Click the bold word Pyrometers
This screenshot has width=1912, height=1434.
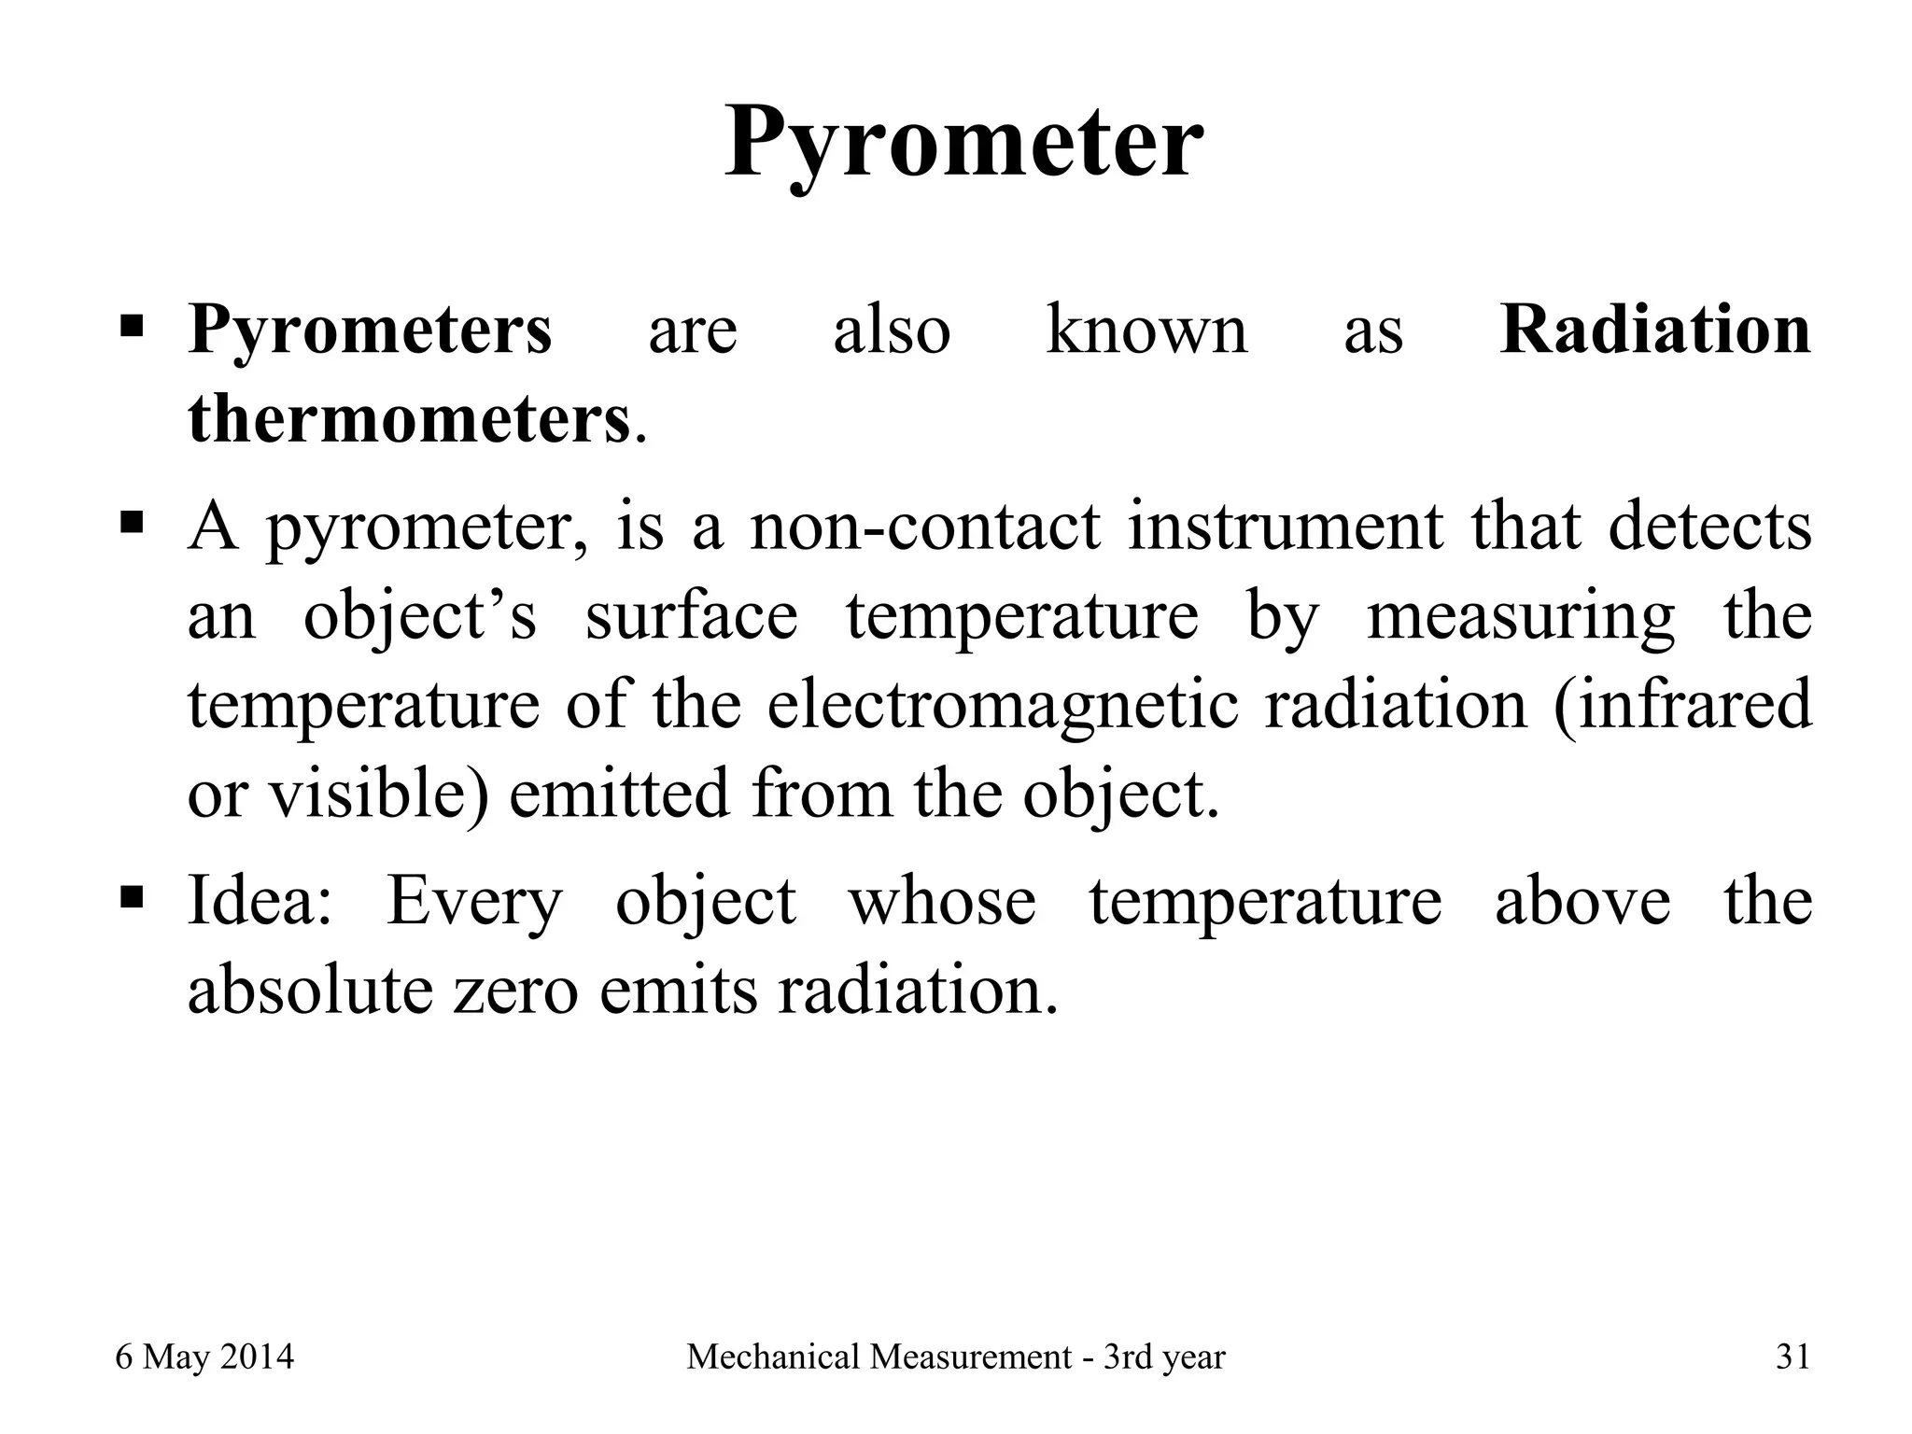370,330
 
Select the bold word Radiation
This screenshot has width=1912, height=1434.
1654,330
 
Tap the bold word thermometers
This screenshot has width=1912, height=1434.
409,420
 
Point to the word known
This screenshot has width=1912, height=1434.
1146,330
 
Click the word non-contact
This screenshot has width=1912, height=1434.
925,527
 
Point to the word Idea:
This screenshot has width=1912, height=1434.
260,902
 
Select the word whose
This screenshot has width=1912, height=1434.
941,902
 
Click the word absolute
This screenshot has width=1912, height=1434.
309,990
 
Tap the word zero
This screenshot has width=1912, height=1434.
515,990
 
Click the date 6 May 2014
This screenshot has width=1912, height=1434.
204,1357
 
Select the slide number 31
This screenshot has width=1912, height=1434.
1792,1357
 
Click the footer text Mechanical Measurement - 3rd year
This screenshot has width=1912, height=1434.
955,1357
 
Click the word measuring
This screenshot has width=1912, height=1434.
1521,616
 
